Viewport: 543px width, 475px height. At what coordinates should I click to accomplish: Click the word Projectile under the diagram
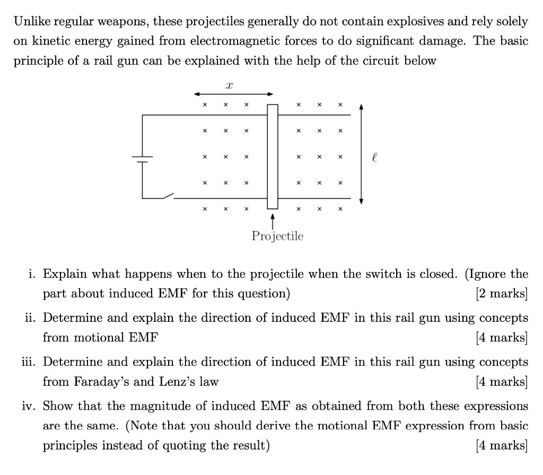(x=277, y=236)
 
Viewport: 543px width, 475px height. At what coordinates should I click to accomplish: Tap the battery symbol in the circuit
(x=142, y=160)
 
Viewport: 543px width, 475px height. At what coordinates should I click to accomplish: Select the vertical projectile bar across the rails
(x=273, y=156)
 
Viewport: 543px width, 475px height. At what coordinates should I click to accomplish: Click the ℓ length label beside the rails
(x=375, y=157)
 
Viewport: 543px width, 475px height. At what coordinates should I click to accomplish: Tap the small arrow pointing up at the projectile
(x=273, y=220)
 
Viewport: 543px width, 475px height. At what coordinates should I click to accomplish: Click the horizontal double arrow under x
(x=233, y=94)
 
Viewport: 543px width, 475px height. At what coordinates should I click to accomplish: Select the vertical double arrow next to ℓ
(x=361, y=154)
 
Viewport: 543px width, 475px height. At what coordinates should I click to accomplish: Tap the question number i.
(x=33, y=274)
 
